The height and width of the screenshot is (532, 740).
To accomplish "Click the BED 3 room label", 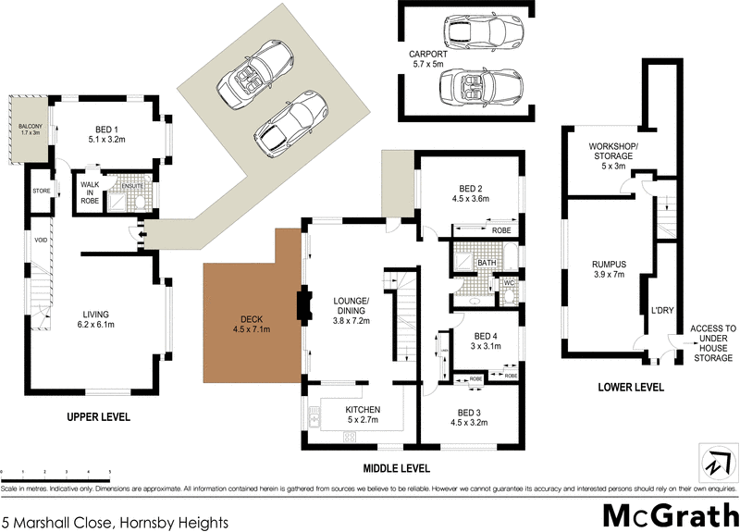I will [473, 419].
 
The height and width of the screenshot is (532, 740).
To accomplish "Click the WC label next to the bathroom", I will [508, 282].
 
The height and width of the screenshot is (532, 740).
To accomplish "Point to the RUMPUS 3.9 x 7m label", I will [609, 269].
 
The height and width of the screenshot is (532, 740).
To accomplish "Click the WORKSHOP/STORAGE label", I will [610, 153].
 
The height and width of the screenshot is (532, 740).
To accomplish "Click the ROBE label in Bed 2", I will [500, 230].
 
